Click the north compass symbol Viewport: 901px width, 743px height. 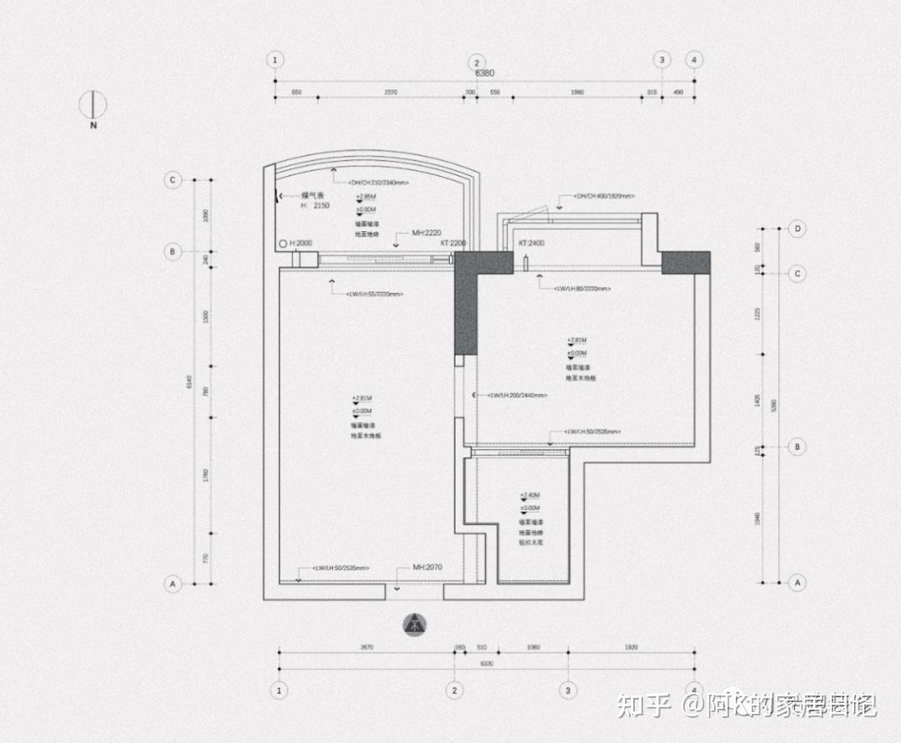pos(93,104)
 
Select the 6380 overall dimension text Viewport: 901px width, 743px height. pos(485,73)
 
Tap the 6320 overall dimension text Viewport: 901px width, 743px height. pos(486,664)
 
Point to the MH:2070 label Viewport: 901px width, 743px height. pos(427,567)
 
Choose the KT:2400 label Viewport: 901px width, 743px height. pos(531,243)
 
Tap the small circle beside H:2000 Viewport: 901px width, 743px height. pos(284,244)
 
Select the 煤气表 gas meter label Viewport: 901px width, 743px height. pos(313,195)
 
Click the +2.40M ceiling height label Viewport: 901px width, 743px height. pos(530,495)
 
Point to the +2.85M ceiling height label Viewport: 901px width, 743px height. pos(365,196)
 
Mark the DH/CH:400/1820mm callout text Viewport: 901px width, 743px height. pos(603,196)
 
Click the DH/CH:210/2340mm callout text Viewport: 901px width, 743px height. pos(379,182)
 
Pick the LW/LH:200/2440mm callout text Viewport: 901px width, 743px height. pos(517,395)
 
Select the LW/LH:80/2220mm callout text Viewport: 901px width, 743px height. pos(583,288)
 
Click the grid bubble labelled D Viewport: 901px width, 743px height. pos(798,228)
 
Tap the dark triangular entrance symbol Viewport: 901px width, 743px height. pos(415,624)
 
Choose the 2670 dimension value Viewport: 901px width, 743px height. pos(366,647)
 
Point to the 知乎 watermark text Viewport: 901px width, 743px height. pos(644,706)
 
